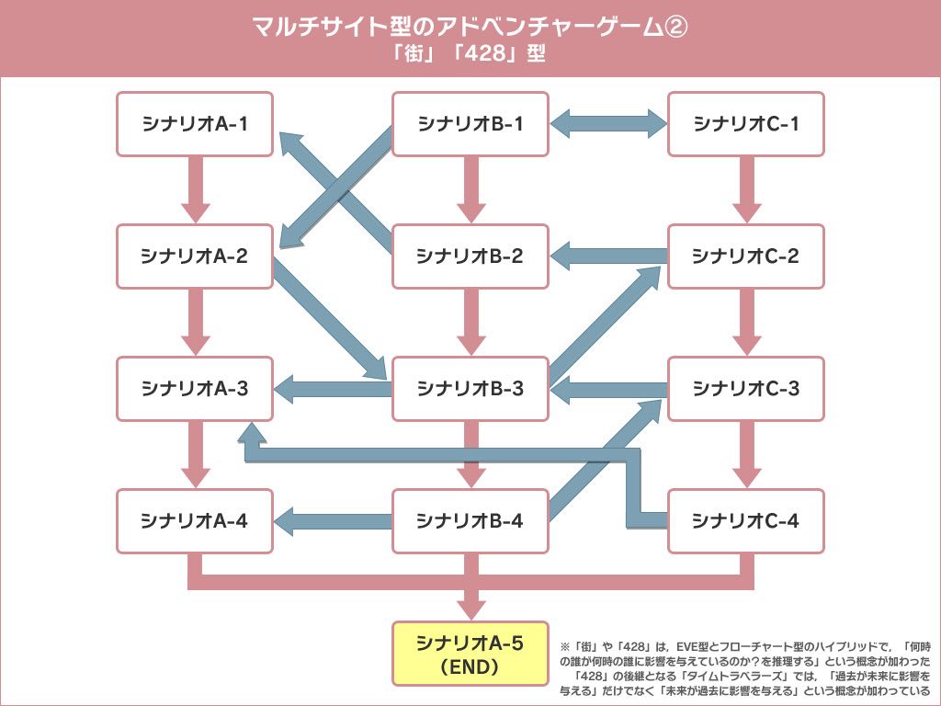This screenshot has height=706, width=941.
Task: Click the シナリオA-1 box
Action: point(195,123)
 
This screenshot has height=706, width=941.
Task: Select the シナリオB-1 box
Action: point(470,123)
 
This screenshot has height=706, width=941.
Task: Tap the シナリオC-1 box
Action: point(746,123)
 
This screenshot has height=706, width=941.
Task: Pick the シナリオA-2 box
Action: point(195,256)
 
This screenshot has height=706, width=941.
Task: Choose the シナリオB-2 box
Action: point(470,256)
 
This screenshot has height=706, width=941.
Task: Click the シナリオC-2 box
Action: point(746,256)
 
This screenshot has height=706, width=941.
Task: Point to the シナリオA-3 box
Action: point(195,388)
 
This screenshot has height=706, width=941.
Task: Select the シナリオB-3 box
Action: point(470,388)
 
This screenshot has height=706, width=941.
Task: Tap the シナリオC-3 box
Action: point(746,388)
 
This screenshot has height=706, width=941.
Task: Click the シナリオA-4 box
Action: point(195,520)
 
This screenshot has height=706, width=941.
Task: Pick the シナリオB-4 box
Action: point(470,520)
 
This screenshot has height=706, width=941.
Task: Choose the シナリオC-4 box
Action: point(746,520)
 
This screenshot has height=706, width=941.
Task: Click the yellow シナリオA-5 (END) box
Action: point(470,654)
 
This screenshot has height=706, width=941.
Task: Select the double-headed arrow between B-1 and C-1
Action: point(608,123)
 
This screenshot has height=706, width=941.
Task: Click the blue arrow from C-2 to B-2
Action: point(608,256)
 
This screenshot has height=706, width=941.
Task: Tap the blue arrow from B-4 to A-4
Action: point(333,520)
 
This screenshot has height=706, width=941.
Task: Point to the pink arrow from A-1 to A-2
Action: point(195,188)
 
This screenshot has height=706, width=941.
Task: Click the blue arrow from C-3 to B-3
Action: point(608,389)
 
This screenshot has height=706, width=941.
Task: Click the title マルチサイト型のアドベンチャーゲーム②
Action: point(470,28)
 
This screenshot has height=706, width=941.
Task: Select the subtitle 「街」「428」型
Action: point(470,54)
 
